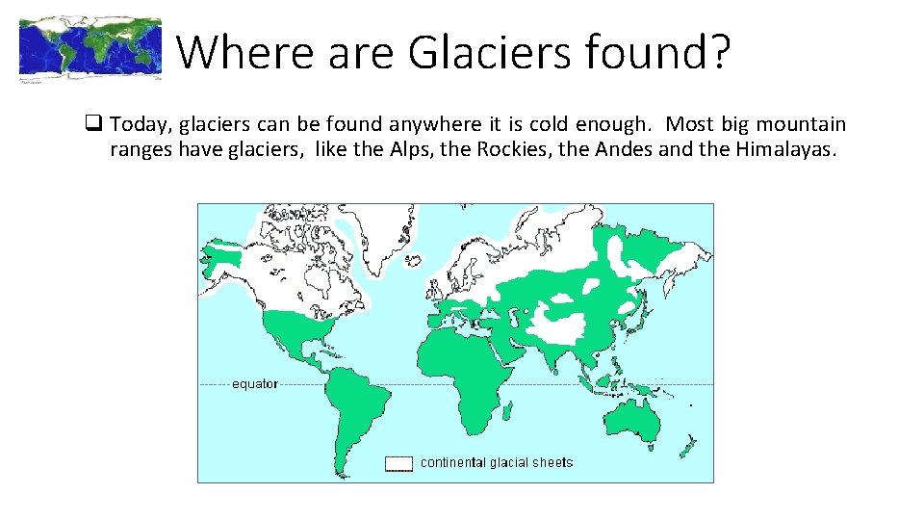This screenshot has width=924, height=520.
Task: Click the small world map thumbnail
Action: coord(90,48)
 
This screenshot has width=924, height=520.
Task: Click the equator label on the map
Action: coord(254,383)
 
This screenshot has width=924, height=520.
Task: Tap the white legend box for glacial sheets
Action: coord(398,463)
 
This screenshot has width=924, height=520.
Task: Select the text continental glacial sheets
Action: coord(497,462)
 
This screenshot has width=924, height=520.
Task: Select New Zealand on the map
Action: coord(687,449)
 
